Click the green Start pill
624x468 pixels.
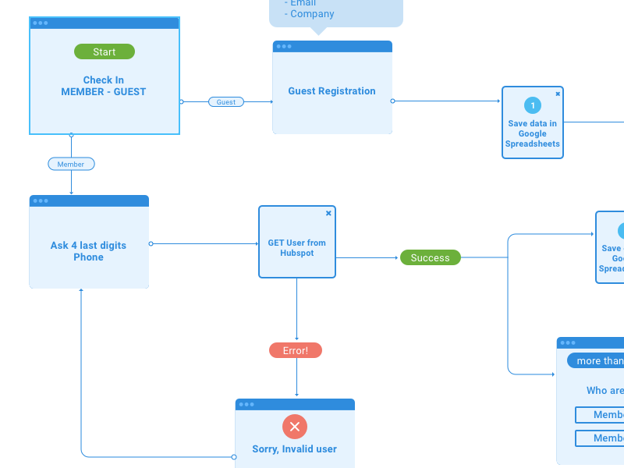tap(105, 51)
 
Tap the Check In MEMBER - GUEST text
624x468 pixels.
tap(104, 86)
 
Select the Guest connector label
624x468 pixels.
tap(226, 102)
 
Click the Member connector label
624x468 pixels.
tap(71, 164)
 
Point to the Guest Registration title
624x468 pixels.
tap(331, 91)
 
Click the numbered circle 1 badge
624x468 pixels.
tap(533, 105)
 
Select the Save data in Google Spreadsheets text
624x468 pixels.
tap(533, 133)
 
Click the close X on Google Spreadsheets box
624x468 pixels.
tap(558, 94)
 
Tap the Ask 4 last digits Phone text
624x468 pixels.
tap(88, 251)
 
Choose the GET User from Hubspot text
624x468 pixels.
tap(297, 248)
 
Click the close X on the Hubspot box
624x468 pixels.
tap(328, 213)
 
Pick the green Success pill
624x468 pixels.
tap(431, 257)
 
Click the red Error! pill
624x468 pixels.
tap(296, 350)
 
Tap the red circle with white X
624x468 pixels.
tap(295, 427)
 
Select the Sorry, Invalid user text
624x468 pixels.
tap(294, 449)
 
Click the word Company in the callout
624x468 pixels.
tap(312, 14)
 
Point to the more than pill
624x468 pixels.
tap(599, 360)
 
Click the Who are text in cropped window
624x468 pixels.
tap(605, 391)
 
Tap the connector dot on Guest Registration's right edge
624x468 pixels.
tap(392, 101)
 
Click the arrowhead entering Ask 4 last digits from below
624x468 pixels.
tap(81, 291)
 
